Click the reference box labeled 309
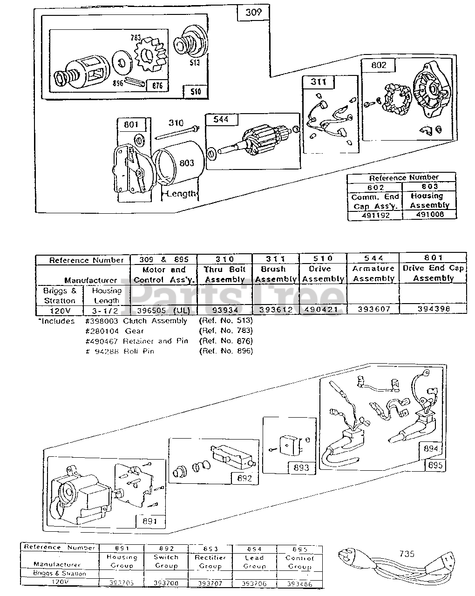coord(253,12)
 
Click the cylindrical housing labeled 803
coord(179,163)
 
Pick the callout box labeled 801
coord(131,125)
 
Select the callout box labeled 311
coord(319,82)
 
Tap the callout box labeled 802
coord(379,65)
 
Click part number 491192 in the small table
coord(375,215)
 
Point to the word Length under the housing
coord(182,194)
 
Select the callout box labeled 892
coord(244,478)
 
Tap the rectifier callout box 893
coord(301,467)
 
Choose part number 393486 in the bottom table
coord(299,584)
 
